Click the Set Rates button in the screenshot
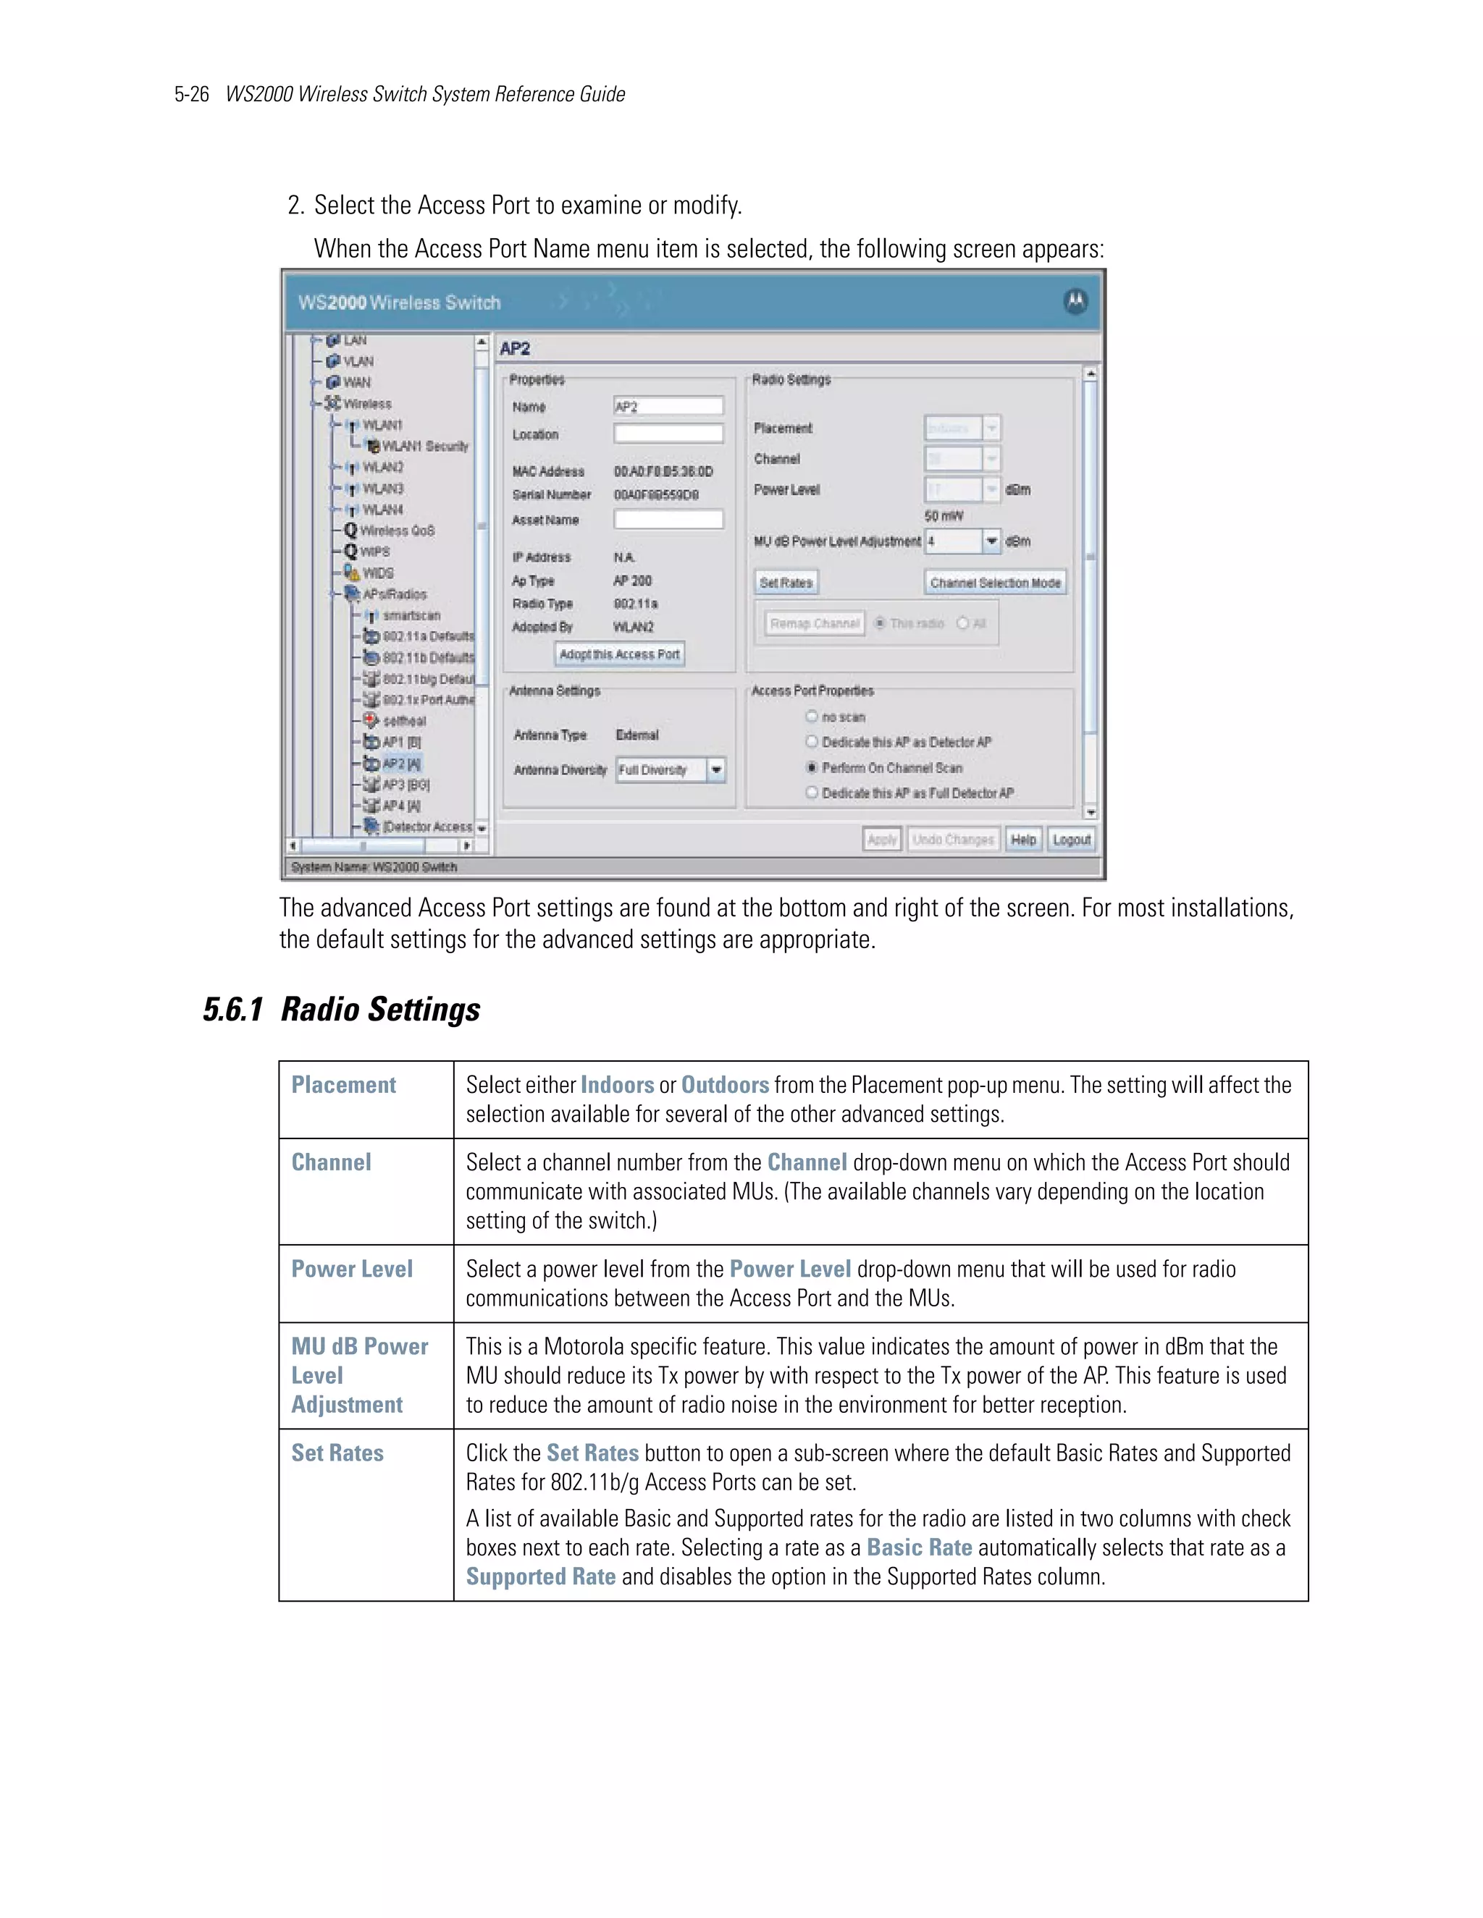786,582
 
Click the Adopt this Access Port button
619,654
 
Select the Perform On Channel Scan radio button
812,767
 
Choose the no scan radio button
812,717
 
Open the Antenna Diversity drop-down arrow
717,770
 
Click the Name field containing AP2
668,407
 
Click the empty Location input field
668,434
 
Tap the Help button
1022,840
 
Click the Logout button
1071,840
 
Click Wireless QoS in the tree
397,531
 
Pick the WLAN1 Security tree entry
425,446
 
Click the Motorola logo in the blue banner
1075,301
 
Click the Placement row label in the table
343,1086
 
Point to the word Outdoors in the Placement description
725,1086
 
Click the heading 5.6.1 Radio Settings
341,1010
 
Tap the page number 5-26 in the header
191,95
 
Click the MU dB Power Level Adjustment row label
359,1375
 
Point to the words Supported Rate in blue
540,1577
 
